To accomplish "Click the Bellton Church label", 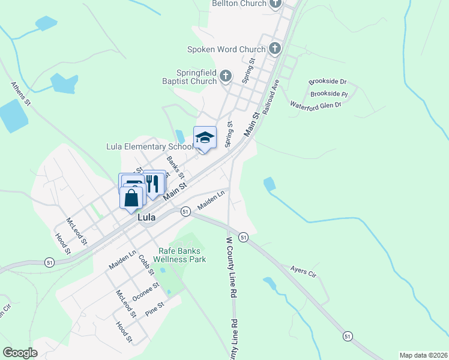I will coord(239,4).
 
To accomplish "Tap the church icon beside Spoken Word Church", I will coord(275,49).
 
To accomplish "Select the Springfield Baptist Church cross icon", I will coord(225,76).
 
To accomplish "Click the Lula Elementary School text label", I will coord(149,146).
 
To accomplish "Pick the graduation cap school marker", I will coord(205,137).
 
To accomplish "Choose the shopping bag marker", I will coord(131,197).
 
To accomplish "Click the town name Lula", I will coord(146,218).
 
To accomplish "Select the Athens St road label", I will coord(20,94).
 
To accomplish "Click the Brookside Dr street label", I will coord(328,81).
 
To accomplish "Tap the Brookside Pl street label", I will coord(329,94).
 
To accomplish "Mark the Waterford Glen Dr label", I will coord(316,105).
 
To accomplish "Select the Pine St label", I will coord(155,310).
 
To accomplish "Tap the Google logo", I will coord(20,353).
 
